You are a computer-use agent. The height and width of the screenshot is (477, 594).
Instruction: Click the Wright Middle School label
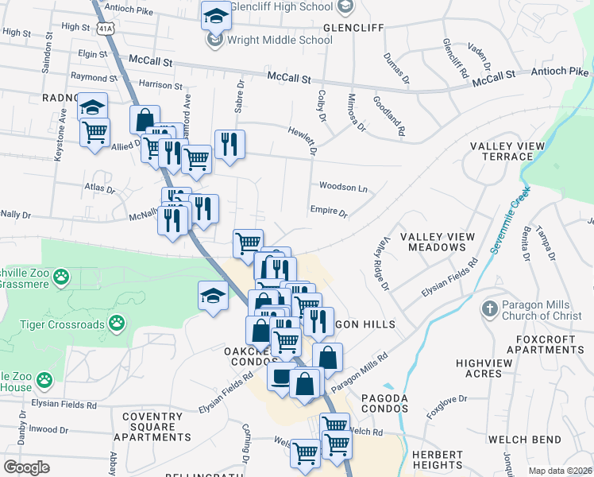pos(280,40)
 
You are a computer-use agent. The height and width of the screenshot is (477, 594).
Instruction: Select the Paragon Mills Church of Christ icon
pos(490,308)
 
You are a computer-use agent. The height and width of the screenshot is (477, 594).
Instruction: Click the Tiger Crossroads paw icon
pos(117,322)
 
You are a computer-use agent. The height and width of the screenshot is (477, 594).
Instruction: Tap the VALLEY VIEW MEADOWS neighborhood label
pos(437,242)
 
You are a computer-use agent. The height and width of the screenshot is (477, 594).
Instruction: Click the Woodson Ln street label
pos(343,188)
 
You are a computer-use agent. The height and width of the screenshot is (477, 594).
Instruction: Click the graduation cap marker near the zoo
pos(212,297)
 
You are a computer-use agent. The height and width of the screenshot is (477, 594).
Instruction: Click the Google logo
pos(26,467)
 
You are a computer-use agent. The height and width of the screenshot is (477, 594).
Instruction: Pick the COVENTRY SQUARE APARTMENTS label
pos(152,427)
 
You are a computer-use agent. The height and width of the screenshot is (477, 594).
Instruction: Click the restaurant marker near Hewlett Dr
pos(229,144)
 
